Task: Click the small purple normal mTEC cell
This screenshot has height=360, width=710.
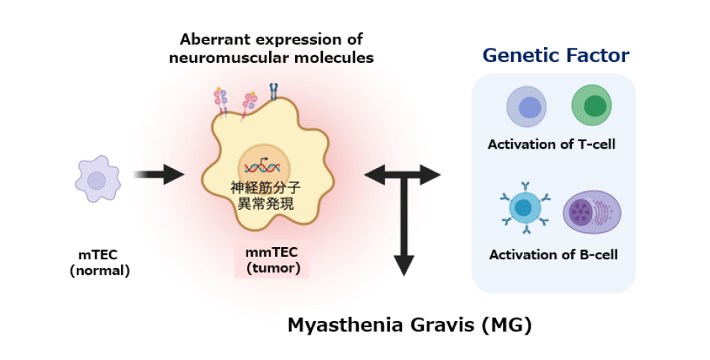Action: click(96, 180)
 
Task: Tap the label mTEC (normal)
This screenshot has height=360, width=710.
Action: click(99, 264)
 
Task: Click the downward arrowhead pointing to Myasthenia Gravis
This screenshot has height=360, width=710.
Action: click(404, 264)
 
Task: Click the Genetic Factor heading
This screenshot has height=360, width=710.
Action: click(555, 55)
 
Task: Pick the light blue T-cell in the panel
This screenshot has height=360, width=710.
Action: click(528, 107)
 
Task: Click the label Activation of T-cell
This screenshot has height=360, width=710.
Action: click(552, 144)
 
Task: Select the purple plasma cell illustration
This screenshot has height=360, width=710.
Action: click(590, 211)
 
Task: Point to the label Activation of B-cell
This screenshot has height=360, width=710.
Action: click(553, 255)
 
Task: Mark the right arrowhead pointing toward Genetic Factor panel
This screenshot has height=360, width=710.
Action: click(432, 176)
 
